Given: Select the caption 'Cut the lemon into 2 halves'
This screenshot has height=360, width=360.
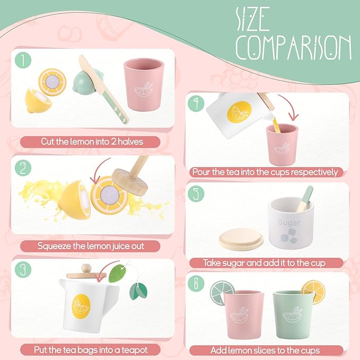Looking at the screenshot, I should coord(91,142).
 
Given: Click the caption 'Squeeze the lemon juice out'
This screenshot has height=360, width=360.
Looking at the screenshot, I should coord(91,246).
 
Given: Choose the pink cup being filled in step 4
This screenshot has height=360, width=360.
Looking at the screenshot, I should coord(281,144).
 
